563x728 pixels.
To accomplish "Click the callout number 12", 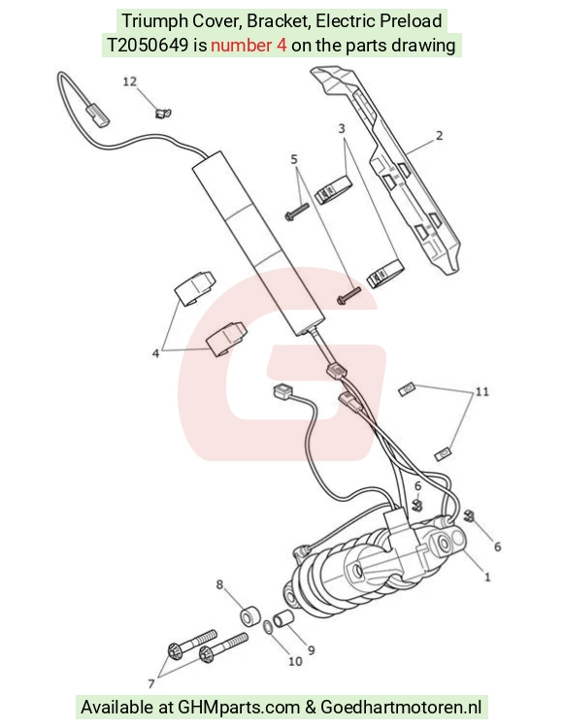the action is (x=130, y=82).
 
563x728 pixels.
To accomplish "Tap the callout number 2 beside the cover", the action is (x=439, y=136).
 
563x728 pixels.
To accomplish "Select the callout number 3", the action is (x=342, y=128).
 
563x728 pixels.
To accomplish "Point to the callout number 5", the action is (x=294, y=159).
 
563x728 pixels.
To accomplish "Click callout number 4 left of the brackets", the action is (x=155, y=353).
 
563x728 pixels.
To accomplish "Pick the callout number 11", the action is (x=482, y=391).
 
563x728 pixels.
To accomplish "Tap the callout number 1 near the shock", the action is (x=487, y=578).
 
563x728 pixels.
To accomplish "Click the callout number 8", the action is (x=220, y=584).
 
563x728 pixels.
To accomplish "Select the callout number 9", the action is (x=311, y=650).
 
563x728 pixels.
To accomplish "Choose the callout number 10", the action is (x=295, y=661).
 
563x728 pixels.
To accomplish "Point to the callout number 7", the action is (x=150, y=683).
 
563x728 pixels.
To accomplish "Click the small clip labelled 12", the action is (x=162, y=113).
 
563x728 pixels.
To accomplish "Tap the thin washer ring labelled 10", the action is (x=268, y=628).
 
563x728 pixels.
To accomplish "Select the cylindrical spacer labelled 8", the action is (x=249, y=615).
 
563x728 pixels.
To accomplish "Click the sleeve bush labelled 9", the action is (x=282, y=619).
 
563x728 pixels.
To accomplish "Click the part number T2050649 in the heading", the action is (x=149, y=45).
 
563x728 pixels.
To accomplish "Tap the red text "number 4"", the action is (x=248, y=45).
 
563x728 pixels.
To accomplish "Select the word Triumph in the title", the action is (x=149, y=21).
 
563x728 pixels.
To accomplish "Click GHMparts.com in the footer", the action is (x=239, y=707).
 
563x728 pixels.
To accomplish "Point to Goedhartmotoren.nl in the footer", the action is (x=401, y=707).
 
